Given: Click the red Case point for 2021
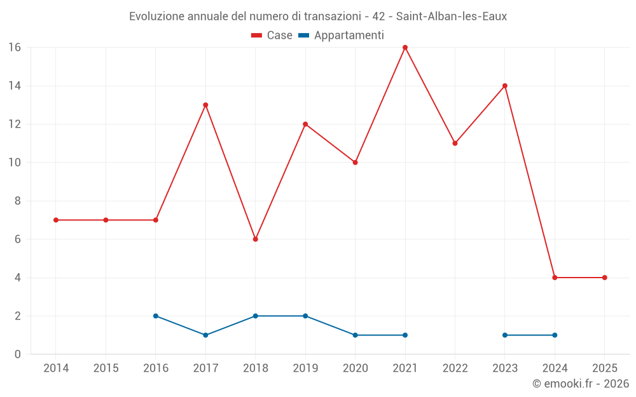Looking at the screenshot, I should pyautogui.click(x=405, y=48).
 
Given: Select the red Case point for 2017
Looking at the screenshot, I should pyautogui.click(x=205, y=105).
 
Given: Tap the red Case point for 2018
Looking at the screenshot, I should pyautogui.click(x=255, y=239).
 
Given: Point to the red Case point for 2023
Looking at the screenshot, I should pyautogui.click(x=505, y=86).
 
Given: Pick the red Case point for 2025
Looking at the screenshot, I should pyautogui.click(x=605, y=278).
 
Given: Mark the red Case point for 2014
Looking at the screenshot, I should pyautogui.click(x=56, y=220).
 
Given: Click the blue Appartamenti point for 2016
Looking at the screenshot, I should pyautogui.click(x=156, y=316).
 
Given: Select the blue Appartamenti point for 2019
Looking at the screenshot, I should pyautogui.click(x=305, y=316).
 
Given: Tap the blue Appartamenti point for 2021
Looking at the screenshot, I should pyautogui.click(x=405, y=335).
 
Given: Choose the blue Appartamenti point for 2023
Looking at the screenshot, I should pyautogui.click(x=505, y=335).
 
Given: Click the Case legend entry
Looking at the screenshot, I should pyautogui.click(x=272, y=36).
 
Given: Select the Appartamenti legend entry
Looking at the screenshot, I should pyautogui.click(x=341, y=36).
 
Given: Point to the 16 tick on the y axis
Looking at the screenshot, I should pyautogui.click(x=15, y=48).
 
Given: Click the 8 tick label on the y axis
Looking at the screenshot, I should pyautogui.click(x=18, y=201).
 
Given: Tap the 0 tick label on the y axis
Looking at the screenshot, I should pyautogui.click(x=18, y=354).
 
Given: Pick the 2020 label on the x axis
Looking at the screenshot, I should pyautogui.click(x=355, y=368).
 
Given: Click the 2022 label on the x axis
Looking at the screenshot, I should pyautogui.click(x=455, y=368).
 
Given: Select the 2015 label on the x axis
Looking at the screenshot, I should pyautogui.click(x=106, y=368).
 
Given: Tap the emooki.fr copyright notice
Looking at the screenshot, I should pyautogui.click(x=580, y=384).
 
